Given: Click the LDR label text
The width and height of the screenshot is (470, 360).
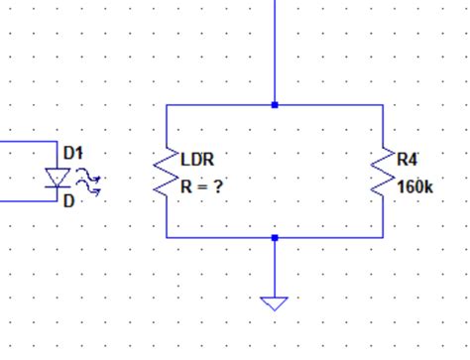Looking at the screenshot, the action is tap(197, 159).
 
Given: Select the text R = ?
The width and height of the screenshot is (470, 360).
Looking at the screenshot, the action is tap(201, 185).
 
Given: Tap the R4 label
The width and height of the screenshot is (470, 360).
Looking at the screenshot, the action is tap(408, 159).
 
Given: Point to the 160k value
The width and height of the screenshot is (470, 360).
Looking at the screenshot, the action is tap(415, 185).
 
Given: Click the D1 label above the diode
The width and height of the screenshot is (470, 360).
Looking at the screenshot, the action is tap(73, 154).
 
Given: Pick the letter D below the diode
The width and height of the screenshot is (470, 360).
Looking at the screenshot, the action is tap(68, 202).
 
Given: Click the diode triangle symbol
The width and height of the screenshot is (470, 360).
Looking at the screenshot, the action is tap(58, 179).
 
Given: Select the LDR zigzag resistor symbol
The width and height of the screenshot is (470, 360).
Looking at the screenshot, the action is tap(167, 173).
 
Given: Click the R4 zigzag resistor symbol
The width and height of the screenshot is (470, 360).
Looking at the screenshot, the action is tap(383, 173).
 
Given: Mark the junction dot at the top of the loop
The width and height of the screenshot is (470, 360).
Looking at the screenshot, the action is tap(275, 104).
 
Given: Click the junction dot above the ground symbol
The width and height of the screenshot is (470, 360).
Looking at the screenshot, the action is tap(275, 238).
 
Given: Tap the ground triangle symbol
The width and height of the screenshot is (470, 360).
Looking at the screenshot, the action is tap(275, 302).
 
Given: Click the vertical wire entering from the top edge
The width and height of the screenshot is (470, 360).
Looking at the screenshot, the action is tap(275, 50).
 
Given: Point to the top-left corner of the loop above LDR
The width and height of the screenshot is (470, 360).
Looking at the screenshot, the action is tap(167, 104).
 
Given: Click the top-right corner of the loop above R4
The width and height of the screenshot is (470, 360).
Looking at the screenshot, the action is tap(383, 104).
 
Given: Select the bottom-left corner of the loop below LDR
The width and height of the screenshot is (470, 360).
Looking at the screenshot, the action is tap(167, 238).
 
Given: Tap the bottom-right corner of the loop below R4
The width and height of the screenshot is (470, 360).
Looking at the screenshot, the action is tap(383, 238).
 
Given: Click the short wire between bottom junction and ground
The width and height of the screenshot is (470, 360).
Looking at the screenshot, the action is tap(275, 268).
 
